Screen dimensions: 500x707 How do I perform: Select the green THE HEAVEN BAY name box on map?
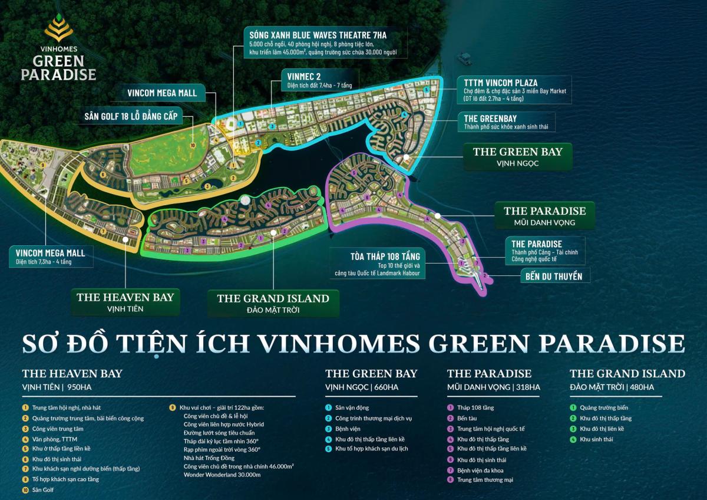pyautogui.click(x=125, y=302)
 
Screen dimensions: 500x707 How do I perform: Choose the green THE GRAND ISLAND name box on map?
pyautogui.click(x=273, y=303)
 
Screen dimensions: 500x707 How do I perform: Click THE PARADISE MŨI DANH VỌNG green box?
pyautogui.click(x=544, y=216)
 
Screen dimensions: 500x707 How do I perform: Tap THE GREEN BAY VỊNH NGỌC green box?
pyautogui.click(x=517, y=157)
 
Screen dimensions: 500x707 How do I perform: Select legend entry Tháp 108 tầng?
pyautogui.click(x=476, y=407)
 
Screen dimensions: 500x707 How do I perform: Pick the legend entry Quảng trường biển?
pyautogui.click(x=604, y=407)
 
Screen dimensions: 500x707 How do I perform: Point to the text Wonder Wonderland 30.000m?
pyautogui.click(x=222, y=475)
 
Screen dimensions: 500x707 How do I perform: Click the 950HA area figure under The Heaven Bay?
pyautogui.click(x=81, y=387)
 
